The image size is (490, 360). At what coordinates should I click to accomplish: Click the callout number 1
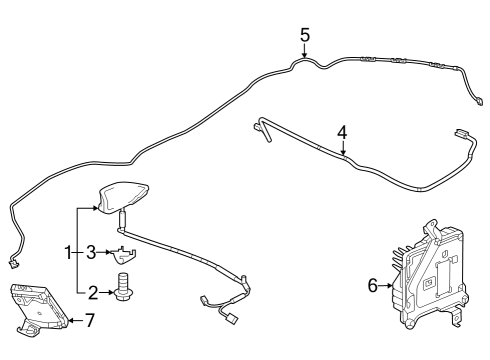[69, 252]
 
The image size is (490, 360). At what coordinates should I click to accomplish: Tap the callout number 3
[90, 252]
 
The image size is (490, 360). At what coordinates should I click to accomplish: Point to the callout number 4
[342, 132]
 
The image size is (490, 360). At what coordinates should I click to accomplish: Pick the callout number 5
[305, 36]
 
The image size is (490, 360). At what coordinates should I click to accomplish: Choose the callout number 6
[373, 286]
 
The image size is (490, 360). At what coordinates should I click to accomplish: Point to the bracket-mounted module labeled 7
[38, 304]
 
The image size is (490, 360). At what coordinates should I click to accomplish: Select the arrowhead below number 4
[342, 152]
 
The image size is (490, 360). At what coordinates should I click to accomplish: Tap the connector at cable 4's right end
[462, 132]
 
